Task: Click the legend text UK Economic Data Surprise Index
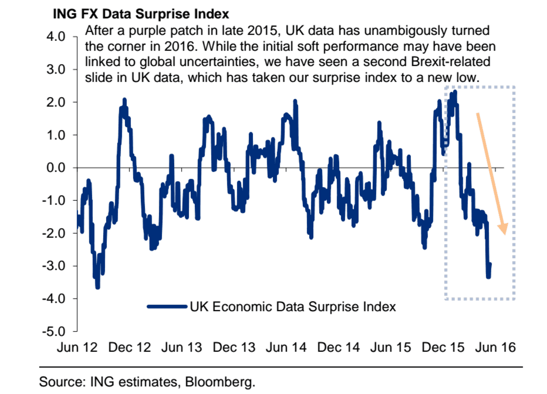(293, 307)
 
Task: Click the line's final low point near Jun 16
(488, 277)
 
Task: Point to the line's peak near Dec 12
(124, 100)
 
